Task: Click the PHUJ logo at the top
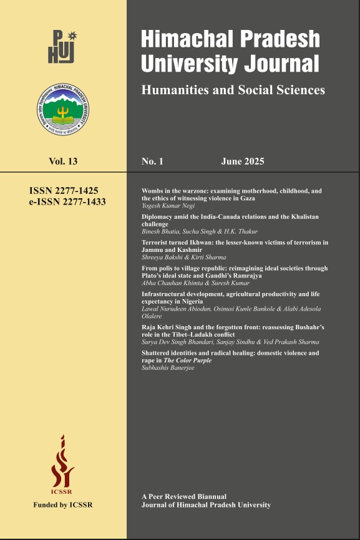(62, 46)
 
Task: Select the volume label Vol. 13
(63, 162)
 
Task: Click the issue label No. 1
(152, 162)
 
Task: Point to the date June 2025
(243, 162)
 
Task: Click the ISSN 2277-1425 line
(64, 191)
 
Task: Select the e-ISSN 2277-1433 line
(63, 202)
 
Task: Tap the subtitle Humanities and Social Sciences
(233, 90)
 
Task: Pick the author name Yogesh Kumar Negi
(168, 205)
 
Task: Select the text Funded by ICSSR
(63, 504)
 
